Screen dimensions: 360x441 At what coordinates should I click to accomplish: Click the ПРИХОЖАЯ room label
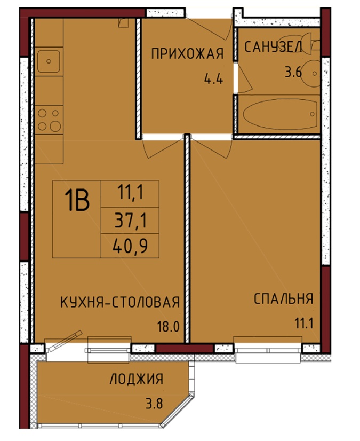point(187,53)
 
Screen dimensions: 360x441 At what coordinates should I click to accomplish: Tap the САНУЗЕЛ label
point(273,46)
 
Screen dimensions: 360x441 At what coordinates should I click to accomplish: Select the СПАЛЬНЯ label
point(283,298)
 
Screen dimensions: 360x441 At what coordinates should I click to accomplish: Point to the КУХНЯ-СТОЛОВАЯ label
point(120,302)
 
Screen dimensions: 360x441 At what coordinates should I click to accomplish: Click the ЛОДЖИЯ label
point(137,379)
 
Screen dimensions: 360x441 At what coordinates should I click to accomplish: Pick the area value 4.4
point(213,79)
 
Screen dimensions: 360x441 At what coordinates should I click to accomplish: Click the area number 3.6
point(293,73)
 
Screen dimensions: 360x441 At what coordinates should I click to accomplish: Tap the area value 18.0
point(168,327)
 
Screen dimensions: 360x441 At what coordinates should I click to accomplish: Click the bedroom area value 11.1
point(304,324)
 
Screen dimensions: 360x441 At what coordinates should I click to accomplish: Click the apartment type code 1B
point(77,201)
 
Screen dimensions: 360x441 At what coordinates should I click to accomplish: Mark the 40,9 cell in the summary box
point(130,246)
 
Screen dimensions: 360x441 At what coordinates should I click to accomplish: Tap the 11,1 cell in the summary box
point(130,194)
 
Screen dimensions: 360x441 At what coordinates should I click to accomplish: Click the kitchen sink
point(49,61)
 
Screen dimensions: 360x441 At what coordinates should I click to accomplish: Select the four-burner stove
point(49,120)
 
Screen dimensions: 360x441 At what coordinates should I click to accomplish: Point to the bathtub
point(280,114)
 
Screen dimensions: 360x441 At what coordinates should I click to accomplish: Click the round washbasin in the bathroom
point(311,73)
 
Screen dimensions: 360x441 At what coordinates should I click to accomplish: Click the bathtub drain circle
point(313,114)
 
